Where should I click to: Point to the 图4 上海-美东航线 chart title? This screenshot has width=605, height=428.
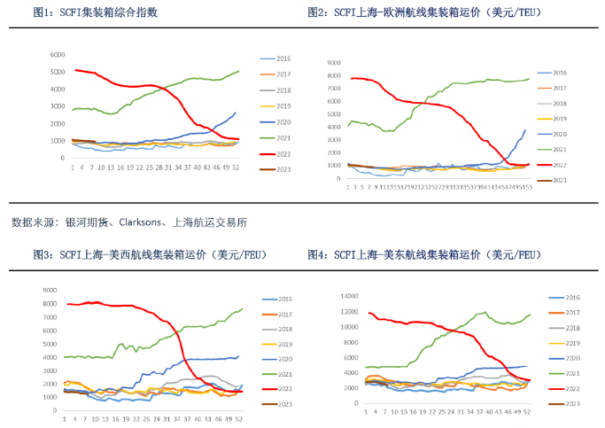(425, 254)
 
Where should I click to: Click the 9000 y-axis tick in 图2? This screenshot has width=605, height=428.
(334, 64)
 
